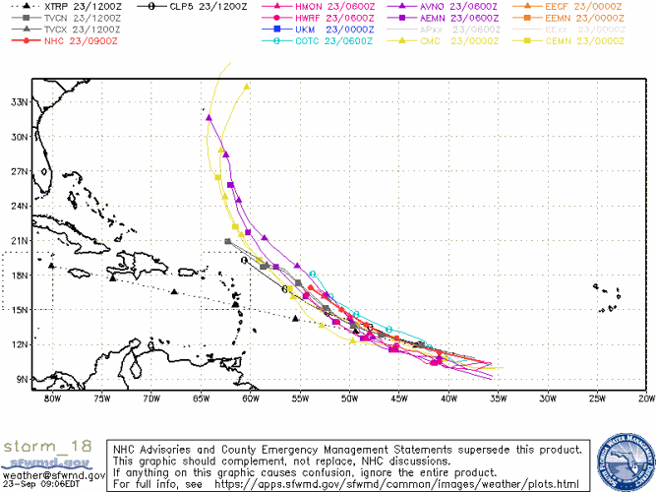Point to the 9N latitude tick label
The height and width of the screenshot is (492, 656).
coord(16,379)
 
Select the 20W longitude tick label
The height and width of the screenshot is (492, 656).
coord(645,399)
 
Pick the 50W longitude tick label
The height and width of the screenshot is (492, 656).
coord(349,399)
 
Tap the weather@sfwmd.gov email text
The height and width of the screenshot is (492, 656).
coord(46,473)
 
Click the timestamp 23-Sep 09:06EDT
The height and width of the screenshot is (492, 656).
coord(45,484)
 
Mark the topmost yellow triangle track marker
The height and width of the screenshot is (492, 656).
coord(247,87)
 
